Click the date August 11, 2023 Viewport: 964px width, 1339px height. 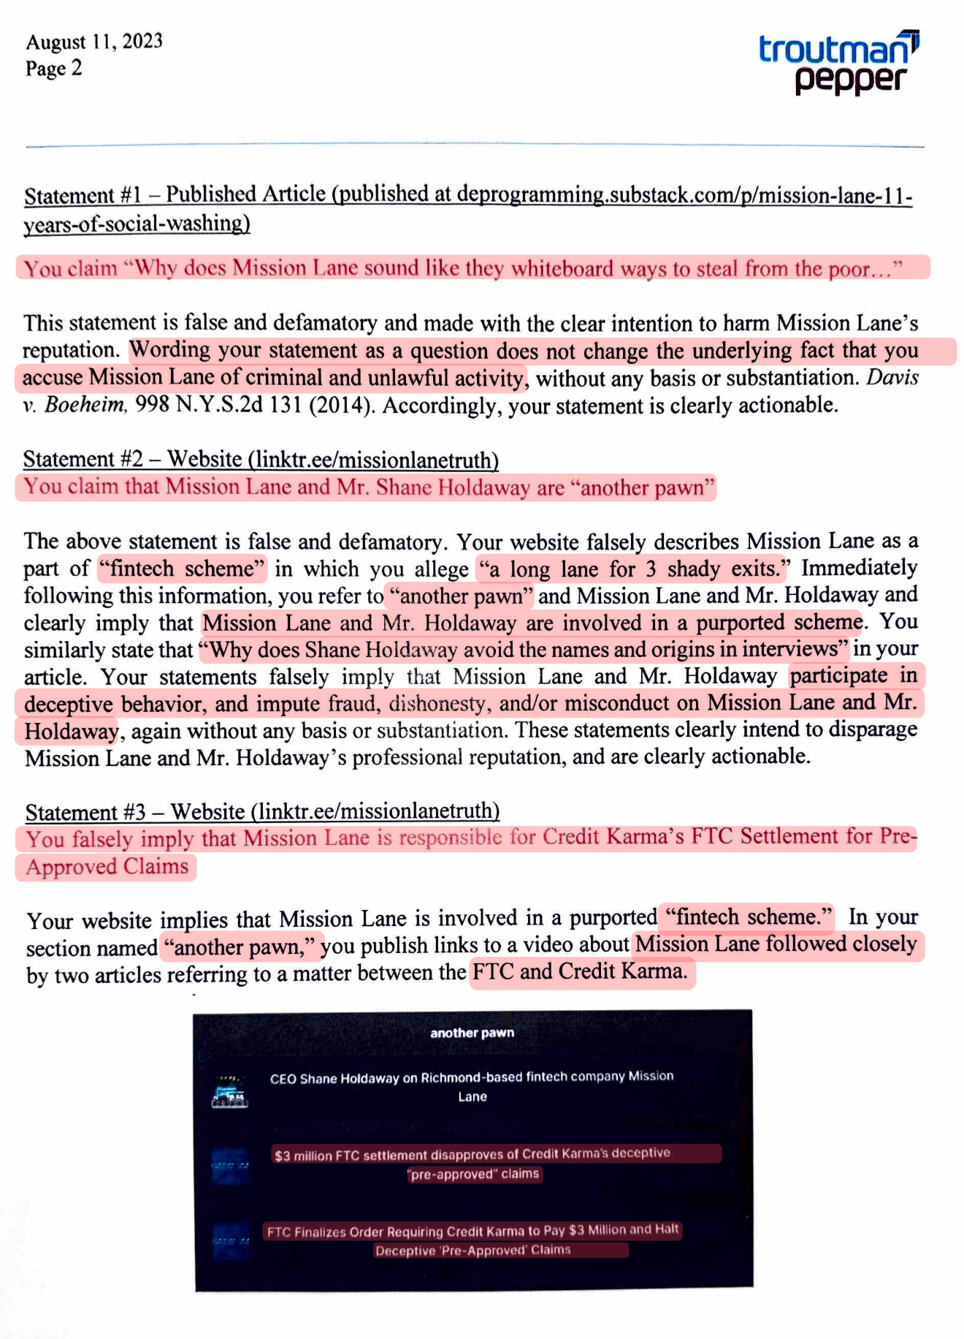tap(94, 42)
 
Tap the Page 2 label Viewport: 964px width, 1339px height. tap(53, 69)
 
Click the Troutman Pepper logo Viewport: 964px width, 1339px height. tap(838, 63)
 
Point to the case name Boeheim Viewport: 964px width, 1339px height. tap(85, 405)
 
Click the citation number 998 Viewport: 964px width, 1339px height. tap(153, 405)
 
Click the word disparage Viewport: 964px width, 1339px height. tap(873, 729)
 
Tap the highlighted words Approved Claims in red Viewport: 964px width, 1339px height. tap(107, 867)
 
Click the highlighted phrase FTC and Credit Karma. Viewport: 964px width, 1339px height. tap(581, 972)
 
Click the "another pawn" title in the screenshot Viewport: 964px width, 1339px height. tap(472, 1033)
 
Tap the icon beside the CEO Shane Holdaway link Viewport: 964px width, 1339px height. tap(229, 1091)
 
